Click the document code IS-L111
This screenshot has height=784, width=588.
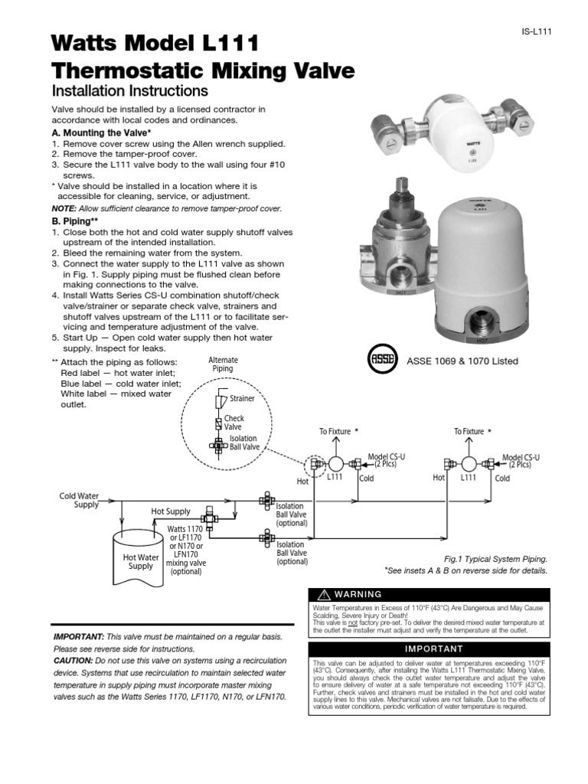tap(538, 31)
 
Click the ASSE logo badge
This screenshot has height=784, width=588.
tap(382, 360)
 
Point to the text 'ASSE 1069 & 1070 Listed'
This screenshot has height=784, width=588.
tap(462, 361)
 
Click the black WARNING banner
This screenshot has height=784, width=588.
tap(428, 594)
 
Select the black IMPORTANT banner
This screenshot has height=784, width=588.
tap(428, 648)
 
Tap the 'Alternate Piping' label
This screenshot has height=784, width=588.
tap(224, 364)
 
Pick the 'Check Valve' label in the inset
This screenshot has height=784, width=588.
tap(234, 423)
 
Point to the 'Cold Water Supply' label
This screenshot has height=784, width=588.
tap(80, 500)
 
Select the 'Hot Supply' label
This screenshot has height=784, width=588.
tap(171, 511)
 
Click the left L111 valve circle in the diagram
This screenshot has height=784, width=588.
tap(335, 463)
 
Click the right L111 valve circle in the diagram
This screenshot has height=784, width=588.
tap(469, 463)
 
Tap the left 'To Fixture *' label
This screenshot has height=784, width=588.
tap(338, 432)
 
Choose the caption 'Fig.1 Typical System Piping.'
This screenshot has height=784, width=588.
tap(496, 560)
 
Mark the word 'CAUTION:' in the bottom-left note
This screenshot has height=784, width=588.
tap(73, 659)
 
